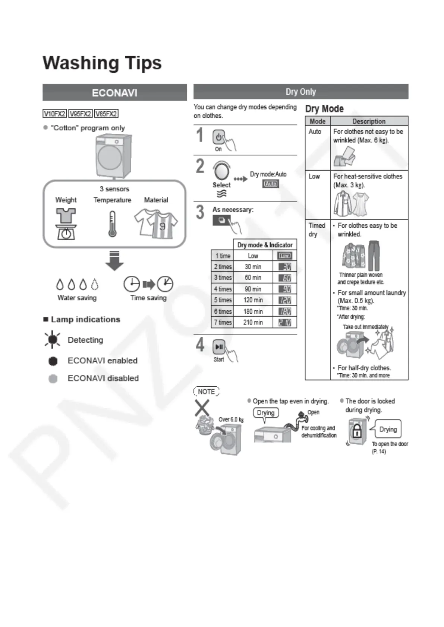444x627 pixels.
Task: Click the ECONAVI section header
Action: click(x=114, y=92)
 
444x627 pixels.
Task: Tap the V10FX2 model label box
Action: click(x=54, y=114)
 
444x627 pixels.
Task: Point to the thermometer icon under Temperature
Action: click(x=112, y=224)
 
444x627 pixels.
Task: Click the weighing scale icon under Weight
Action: click(x=66, y=224)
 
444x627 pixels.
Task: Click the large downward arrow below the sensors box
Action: click(x=114, y=260)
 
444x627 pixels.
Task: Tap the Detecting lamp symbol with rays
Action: click(x=53, y=339)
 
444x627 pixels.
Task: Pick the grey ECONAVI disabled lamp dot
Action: click(x=53, y=379)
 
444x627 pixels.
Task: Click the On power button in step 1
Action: click(x=218, y=137)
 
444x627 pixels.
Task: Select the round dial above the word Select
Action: click(x=221, y=171)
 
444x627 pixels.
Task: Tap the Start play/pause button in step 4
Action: click(x=218, y=347)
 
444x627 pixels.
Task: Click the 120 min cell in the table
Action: click(x=253, y=300)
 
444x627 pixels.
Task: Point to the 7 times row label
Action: click(x=223, y=322)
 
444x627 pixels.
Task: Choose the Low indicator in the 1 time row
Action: click(x=285, y=256)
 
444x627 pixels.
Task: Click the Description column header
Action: click(x=369, y=121)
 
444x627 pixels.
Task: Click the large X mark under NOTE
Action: click(x=202, y=408)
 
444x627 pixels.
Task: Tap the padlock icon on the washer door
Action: click(x=357, y=432)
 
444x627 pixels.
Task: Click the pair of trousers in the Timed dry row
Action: click(x=374, y=255)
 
